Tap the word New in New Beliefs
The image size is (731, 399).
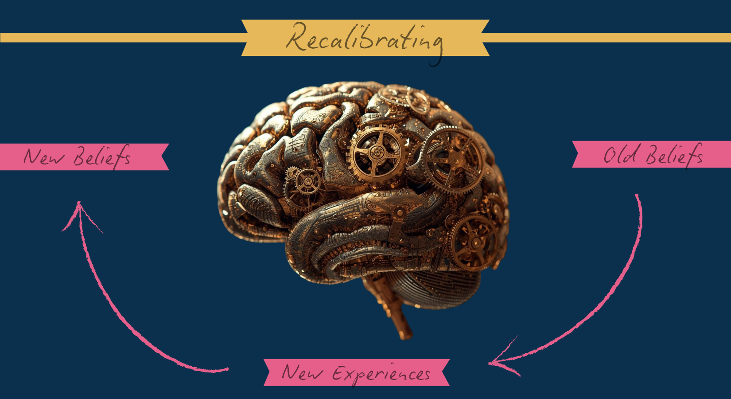coord(44,157)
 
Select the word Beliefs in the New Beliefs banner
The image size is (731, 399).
coord(102,157)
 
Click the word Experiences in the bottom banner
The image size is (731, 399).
coord(381,374)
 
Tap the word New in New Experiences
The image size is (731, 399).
coord(302,372)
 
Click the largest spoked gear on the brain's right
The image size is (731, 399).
coord(453,160)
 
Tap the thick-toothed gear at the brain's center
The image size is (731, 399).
coord(377,153)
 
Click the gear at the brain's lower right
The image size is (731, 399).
coord(474,242)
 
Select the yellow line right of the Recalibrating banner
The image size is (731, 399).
coord(607,38)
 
